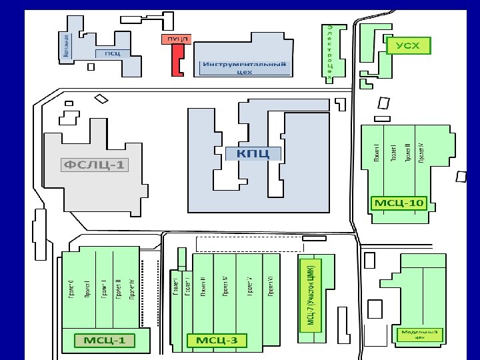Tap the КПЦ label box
tap(253, 154)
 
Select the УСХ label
tap(409, 45)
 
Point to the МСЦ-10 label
tap(398, 202)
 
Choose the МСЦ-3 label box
tap(217, 341)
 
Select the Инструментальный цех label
tap(245, 68)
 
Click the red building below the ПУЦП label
tap(177, 62)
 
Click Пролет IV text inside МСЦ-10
tap(421, 153)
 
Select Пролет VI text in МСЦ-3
tap(271, 285)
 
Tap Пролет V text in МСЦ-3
tap(249, 285)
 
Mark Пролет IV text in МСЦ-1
tap(132, 290)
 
